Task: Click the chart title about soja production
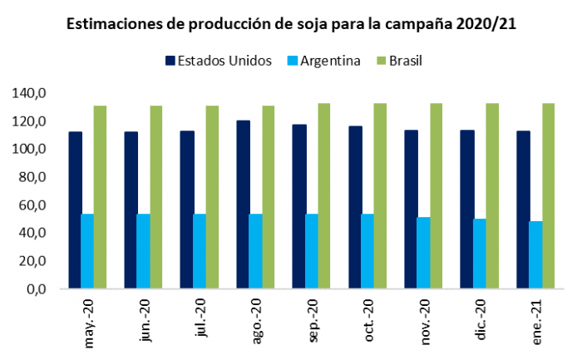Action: point(291,24)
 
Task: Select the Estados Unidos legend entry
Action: point(219,61)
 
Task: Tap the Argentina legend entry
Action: point(324,61)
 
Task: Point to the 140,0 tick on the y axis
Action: point(29,93)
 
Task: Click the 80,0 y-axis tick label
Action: point(32,177)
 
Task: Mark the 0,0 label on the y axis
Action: point(37,288)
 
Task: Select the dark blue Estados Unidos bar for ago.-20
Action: point(243,205)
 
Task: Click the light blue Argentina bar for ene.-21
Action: point(535,254)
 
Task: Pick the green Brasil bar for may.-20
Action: point(100,197)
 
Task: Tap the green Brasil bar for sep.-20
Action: point(324,195)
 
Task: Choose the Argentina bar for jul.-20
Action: point(200,251)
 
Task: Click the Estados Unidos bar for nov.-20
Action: point(412,209)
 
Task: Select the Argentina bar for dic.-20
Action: point(480,254)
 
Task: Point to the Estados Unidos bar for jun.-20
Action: point(131,210)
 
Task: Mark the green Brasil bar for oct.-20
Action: point(380,195)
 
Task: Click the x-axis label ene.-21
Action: point(536,322)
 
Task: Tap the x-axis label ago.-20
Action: point(256,321)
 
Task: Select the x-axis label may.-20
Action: point(89,323)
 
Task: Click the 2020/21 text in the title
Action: point(486,24)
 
